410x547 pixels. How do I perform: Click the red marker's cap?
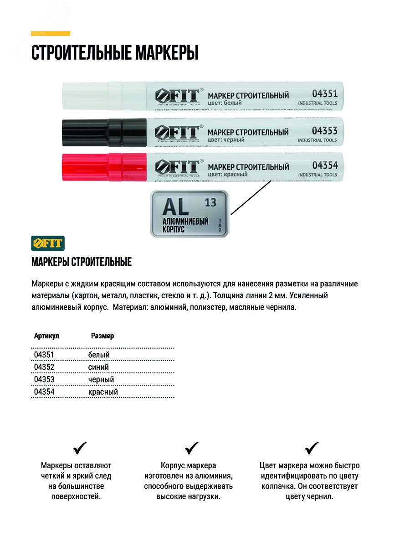pyautogui.click(x=91, y=167)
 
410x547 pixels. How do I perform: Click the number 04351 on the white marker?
pyautogui.click(x=325, y=94)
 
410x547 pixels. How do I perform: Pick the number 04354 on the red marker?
pyautogui.click(x=325, y=165)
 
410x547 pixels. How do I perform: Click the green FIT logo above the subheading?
pyautogui.click(x=48, y=243)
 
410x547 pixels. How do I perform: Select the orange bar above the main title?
pyautogui.click(x=51, y=33)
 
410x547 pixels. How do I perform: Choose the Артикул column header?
pyautogui.click(x=46, y=336)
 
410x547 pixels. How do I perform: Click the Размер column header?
pyautogui.click(x=102, y=336)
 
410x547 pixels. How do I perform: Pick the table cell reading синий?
pyautogui.click(x=98, y=367)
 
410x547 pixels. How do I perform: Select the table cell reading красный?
pyautogui.click(x=103, y=392)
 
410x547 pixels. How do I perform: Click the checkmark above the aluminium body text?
pyautogui.click(x=192, y=448)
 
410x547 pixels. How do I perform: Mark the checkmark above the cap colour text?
pyautogui.click(x=312, y=448)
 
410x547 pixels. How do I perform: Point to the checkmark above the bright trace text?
pyautogui.click(x=80, y=448)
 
